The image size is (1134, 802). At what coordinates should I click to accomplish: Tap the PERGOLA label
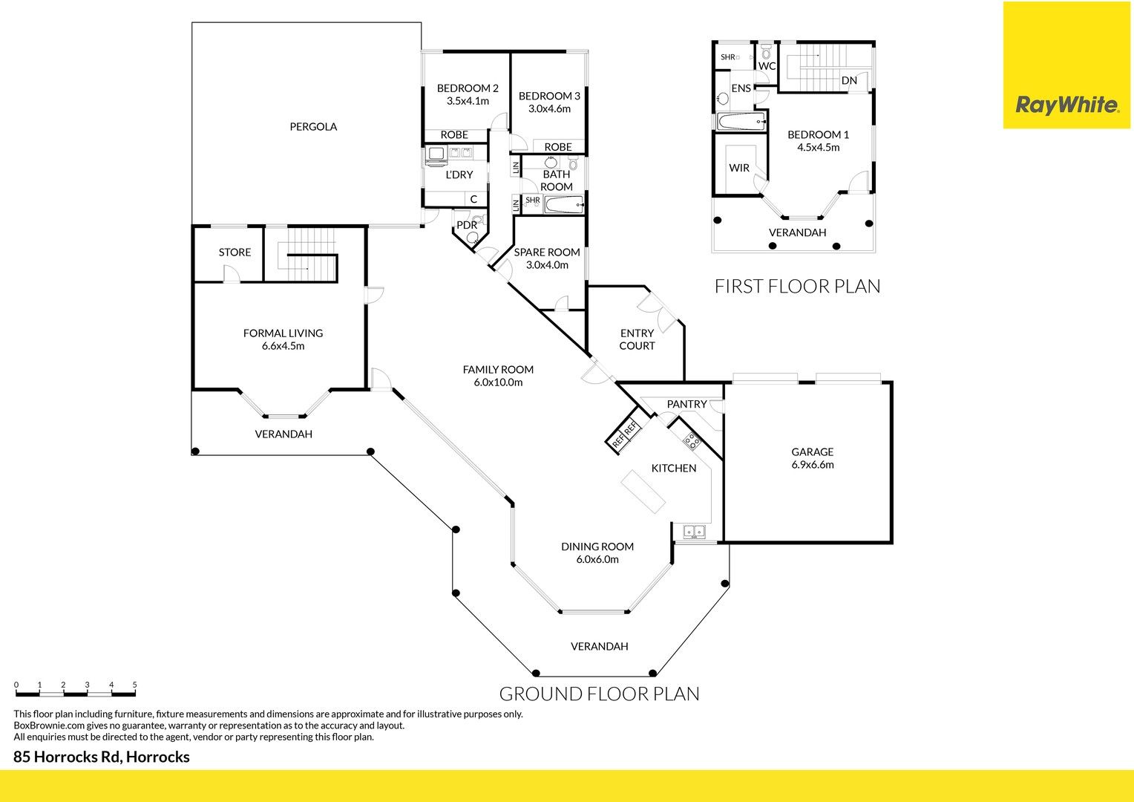click(313, 127)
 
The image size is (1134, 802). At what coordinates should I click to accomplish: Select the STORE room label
click(235, 252)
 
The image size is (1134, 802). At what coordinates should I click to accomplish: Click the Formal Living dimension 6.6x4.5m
click(283, 346)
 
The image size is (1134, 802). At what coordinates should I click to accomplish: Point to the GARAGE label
click(812, 451)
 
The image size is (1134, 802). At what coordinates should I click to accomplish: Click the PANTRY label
click(686, 404)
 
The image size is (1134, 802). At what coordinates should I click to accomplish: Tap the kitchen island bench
click(643, 492)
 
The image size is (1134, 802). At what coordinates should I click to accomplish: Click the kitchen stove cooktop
click(692, 441)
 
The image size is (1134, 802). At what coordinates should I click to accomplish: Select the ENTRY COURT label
click(637, 339)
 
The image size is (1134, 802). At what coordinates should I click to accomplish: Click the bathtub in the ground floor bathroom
click(564, 205)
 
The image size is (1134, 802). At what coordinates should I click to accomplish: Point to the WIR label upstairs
click(739, 168)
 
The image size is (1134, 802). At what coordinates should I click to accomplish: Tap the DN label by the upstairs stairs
click(849, 80)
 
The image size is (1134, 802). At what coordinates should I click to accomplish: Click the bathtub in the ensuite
click(741, 122)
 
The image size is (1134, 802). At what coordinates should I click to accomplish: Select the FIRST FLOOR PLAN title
click(797, 286)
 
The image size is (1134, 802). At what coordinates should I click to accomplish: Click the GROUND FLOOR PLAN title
click(600, 694)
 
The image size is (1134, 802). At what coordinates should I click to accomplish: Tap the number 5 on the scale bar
click(134, 685)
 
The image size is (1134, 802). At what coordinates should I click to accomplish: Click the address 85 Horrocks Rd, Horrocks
click(101, 757)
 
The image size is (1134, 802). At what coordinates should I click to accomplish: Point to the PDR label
click(467, 225)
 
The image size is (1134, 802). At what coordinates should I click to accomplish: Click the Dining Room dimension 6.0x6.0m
click(597, 559)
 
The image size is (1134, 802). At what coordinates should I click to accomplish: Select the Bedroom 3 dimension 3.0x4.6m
click(549, 108)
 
